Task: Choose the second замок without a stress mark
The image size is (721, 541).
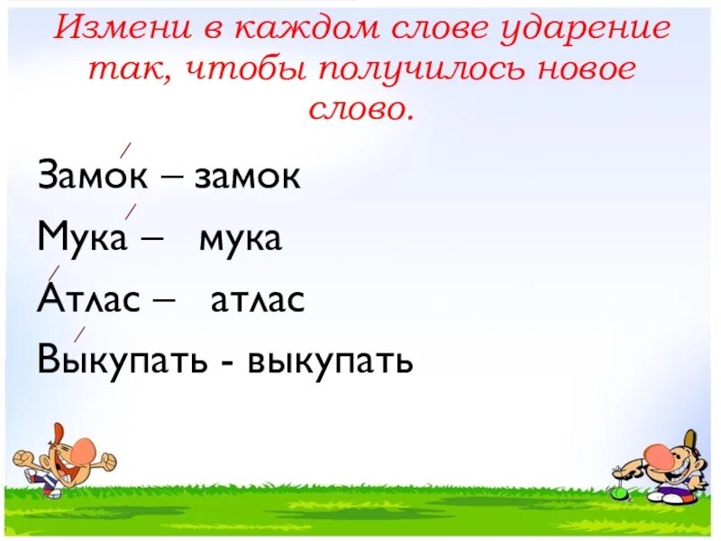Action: click(247, 176)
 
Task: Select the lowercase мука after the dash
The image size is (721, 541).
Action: click(241, 238)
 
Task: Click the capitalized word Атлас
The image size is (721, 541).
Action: click(88, 300)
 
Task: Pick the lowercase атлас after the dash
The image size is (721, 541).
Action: click(258, 300)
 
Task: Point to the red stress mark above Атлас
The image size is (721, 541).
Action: click(53, 273)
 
